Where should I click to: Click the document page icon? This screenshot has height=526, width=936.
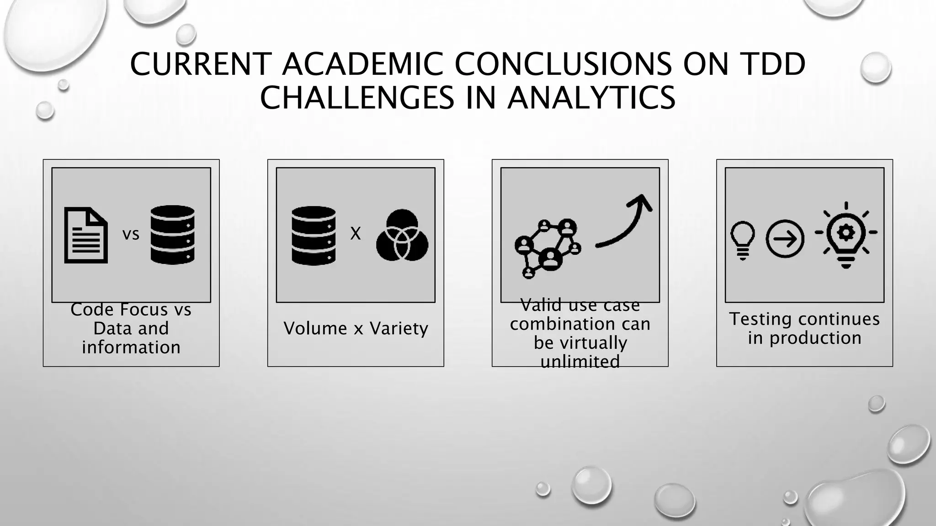(x=86, y=235)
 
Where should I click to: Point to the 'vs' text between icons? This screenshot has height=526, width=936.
(x=131, y=234)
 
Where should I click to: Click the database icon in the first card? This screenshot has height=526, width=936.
(x=173, y=235)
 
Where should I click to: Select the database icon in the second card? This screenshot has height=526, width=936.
(x=314, y=236)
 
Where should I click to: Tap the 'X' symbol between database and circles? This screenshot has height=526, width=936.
(x=355, y=234)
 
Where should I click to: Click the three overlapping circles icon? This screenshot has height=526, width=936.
(x=402, y=236)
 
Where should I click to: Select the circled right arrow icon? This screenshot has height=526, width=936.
(x=785, y=239)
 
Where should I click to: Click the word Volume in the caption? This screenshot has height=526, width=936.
(x=315, y=328)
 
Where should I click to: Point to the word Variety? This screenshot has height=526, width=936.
(x=399, y=328)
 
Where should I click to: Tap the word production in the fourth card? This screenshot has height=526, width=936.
(x=815, y=338)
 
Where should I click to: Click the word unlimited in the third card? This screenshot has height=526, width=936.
(x=580, y=362)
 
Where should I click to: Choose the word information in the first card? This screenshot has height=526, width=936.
(x=131, y=347)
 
